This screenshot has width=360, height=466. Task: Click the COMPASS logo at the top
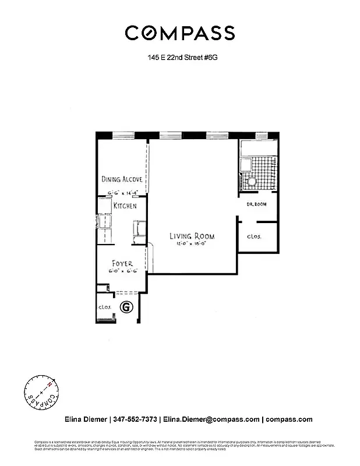click(x=179, y=33)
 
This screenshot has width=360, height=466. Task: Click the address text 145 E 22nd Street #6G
click(x=179, y=58)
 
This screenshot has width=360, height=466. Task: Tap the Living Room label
click(x=192, y=236)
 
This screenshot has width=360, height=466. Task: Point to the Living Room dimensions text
click(x=192, y=243)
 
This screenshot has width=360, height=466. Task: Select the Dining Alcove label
click(x=122, y=179)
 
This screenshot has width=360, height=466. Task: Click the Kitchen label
click(x=125, y=206)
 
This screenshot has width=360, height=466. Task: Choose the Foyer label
click(x=122, y=263)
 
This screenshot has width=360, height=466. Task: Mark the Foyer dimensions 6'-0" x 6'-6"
click(x=122, y=271)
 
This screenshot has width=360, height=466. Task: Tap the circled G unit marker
click(x=125, y=306)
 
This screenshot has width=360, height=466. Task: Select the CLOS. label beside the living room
click(x=255, y=237)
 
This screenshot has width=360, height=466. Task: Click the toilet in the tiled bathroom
click(x=252, y=182)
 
